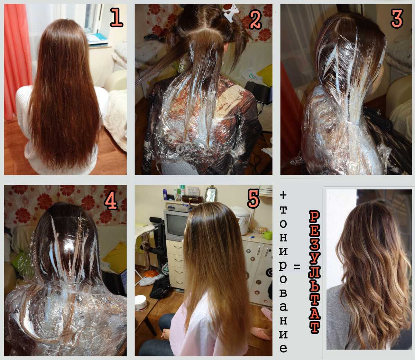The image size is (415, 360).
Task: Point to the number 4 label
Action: point(111,200)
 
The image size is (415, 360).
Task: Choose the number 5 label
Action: point(253,199)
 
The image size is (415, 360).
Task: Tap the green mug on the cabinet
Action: point(267,235)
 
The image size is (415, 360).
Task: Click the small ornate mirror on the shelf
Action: point(211,193)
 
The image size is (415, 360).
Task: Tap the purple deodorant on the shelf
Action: point(165,195)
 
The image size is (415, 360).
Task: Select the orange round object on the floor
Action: point(151,274)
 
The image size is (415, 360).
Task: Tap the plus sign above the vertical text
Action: point(283,195)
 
